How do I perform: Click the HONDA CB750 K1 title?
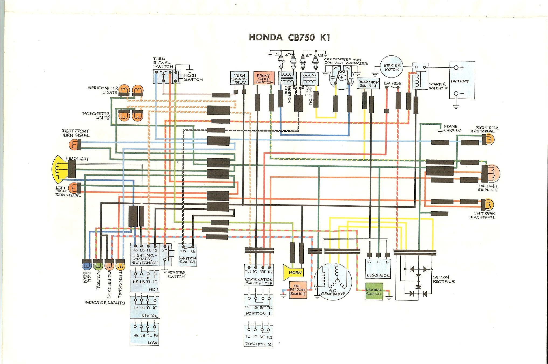tap(289, 37)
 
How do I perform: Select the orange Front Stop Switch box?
tap(264, 78)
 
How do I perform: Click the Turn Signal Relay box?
tap(239, 78)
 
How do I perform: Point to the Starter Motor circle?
tap(392, 67)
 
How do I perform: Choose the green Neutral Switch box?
tap(373, 292)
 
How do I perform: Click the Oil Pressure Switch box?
tap(298, 290)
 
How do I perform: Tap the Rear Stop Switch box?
tap(368, 84)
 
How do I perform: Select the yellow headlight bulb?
tap(60, 168)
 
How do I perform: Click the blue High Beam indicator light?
tap(87, 265)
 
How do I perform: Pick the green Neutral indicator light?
tap(98, 265)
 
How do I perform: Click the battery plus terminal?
tap(456, 68)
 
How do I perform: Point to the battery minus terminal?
tap(456, 93)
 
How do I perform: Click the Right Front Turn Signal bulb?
tap(73, 145)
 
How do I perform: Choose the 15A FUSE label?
tap(393, 83)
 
